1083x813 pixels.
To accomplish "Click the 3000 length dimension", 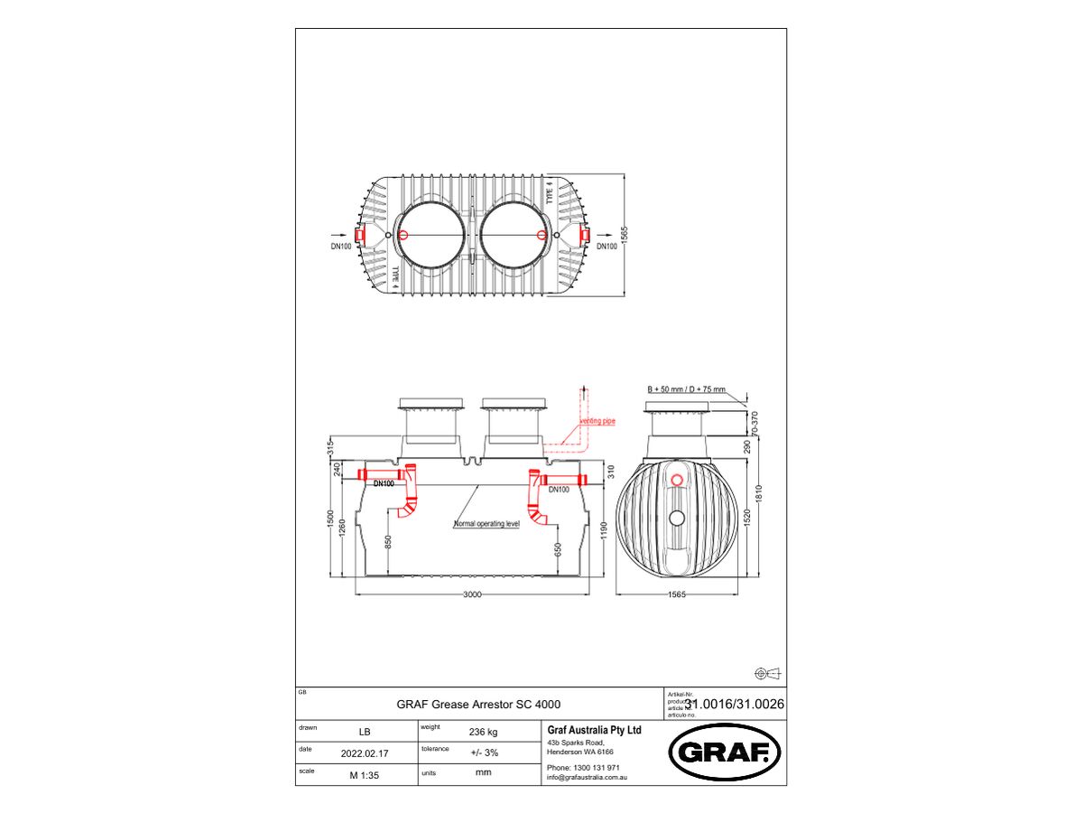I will (x=472, y=594).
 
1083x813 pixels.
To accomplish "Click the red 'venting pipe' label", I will (x=597, y=422).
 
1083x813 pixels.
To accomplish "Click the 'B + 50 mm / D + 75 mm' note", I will (x=686, y=388).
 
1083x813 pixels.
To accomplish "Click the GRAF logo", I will (x=724, y=752).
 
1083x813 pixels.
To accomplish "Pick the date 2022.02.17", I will (x=364, y=752).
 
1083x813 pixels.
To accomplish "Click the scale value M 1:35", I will (x=364, y=774).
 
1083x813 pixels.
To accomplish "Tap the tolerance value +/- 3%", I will (x=484, y=752).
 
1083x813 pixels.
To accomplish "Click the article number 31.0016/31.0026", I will (x=734, y=704).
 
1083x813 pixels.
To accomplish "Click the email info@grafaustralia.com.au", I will (x=587, y=777).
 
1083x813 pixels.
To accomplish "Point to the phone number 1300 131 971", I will (x=597, y=767).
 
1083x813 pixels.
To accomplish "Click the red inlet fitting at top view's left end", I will (x=359, y=235).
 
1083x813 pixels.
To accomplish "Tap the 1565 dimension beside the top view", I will (x=634, y=235).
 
